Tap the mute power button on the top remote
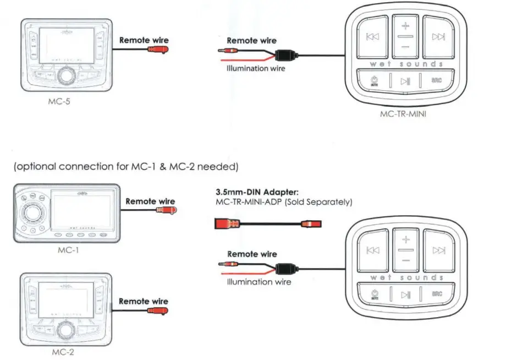pos(374,81)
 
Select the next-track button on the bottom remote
pos(438,250)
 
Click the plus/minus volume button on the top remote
pos(405,35)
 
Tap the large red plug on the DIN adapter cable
pos(225,224)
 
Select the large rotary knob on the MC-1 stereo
pos(29,212)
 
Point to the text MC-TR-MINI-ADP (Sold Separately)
pos(282,202)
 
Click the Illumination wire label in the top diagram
pos(256,69)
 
